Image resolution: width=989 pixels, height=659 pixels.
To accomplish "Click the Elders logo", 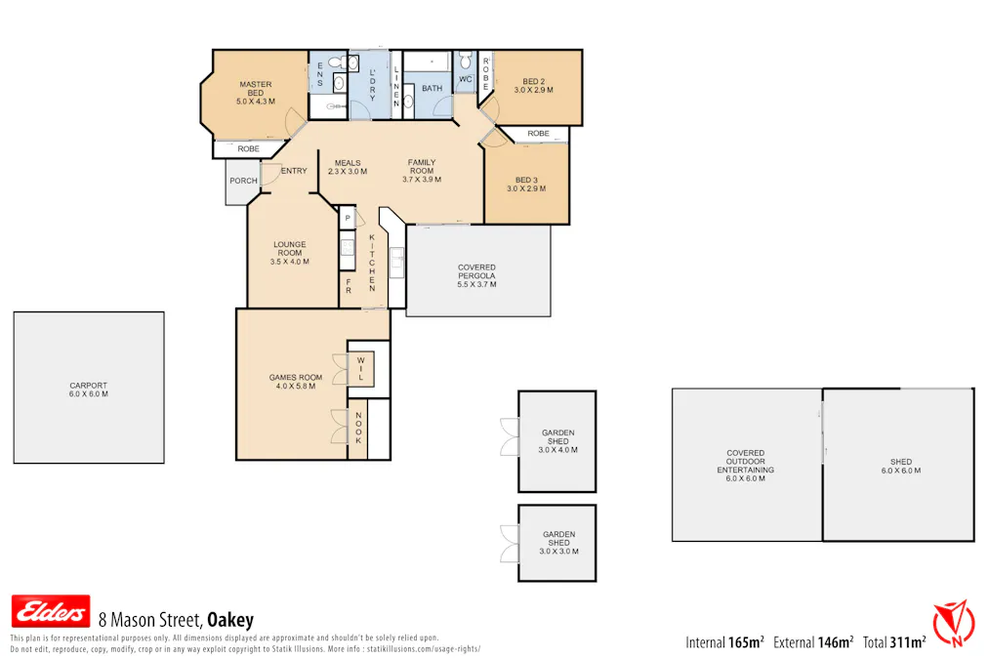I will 50,611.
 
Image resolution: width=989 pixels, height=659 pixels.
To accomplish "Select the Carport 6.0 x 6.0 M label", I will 88,390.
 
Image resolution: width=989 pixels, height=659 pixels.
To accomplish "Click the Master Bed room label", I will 255,93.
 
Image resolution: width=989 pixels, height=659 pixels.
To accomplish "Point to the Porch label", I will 243,181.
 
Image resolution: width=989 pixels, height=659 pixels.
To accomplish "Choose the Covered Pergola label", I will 476,275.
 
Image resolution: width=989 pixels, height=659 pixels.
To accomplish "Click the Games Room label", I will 295,382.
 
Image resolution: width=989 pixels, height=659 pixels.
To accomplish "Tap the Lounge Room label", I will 289,253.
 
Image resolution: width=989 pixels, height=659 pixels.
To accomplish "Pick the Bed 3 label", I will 526,184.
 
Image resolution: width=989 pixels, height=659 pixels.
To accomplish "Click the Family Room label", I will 422,171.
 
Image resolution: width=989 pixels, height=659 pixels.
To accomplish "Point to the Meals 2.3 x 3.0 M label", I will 348,167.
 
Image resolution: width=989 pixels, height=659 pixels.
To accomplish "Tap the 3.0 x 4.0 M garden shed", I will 557,441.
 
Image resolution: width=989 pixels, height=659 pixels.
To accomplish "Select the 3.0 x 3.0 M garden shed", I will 557,543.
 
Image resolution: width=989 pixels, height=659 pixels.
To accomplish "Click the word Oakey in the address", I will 230,619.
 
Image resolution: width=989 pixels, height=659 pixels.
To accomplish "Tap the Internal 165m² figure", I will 724,642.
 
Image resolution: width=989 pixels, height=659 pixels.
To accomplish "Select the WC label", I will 465,79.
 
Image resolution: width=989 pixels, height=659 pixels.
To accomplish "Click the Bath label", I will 432,89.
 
